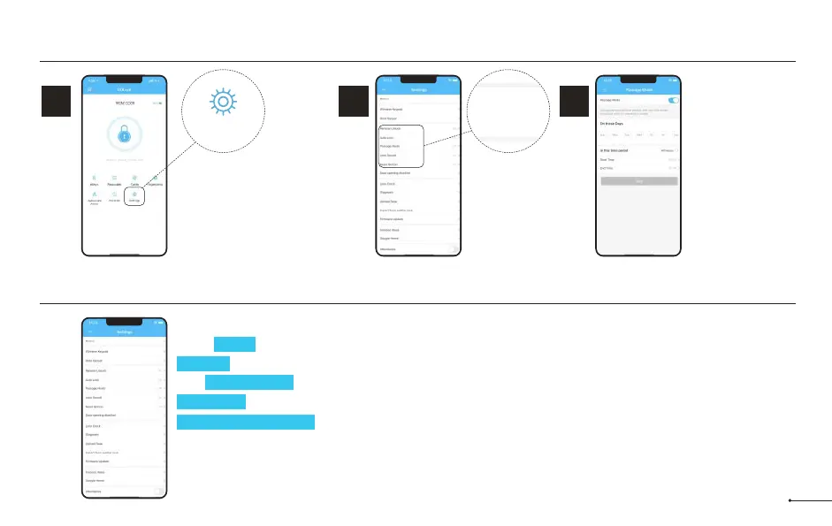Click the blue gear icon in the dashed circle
click(223, 103)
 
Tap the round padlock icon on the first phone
click(123, 136)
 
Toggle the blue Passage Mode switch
click(673, 101)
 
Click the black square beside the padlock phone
click(57, 103)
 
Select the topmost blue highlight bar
click(234, 344)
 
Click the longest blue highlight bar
click(246, 421)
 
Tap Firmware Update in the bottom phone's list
click(123, 461)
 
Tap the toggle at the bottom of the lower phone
click(158, 491)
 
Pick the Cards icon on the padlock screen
click(134, 182)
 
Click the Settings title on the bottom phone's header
click(124, 332)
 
